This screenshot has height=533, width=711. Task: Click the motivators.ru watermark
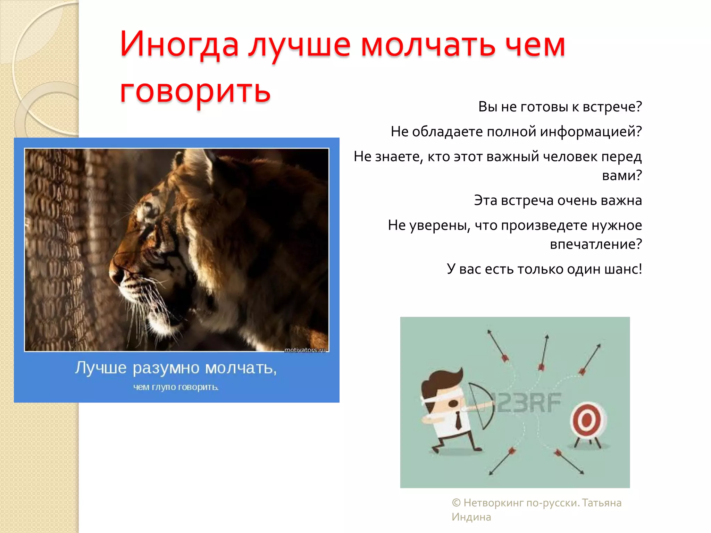[x=305, y=350]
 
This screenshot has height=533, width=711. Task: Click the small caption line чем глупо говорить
[x=176, y=387]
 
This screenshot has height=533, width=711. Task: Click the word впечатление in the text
[x=594, y=244]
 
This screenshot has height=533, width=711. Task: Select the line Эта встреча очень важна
[x=558, y=200]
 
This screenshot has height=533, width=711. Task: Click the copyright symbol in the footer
[x=456, y=503]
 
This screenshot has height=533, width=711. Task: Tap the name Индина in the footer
[x=471, y=517]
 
